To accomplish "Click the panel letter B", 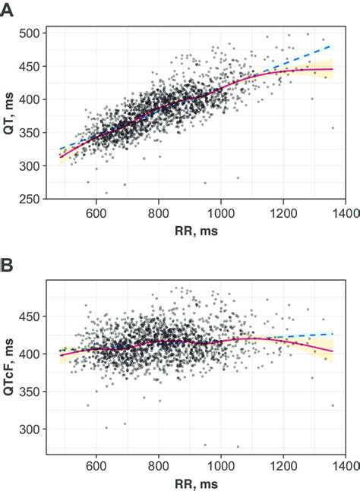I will click(x=10, y=268).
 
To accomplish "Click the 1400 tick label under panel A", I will click(x=344, y=214).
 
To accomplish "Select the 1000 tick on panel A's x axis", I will click(x=220, y=214).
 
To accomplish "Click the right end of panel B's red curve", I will click(x=333, y=351).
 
